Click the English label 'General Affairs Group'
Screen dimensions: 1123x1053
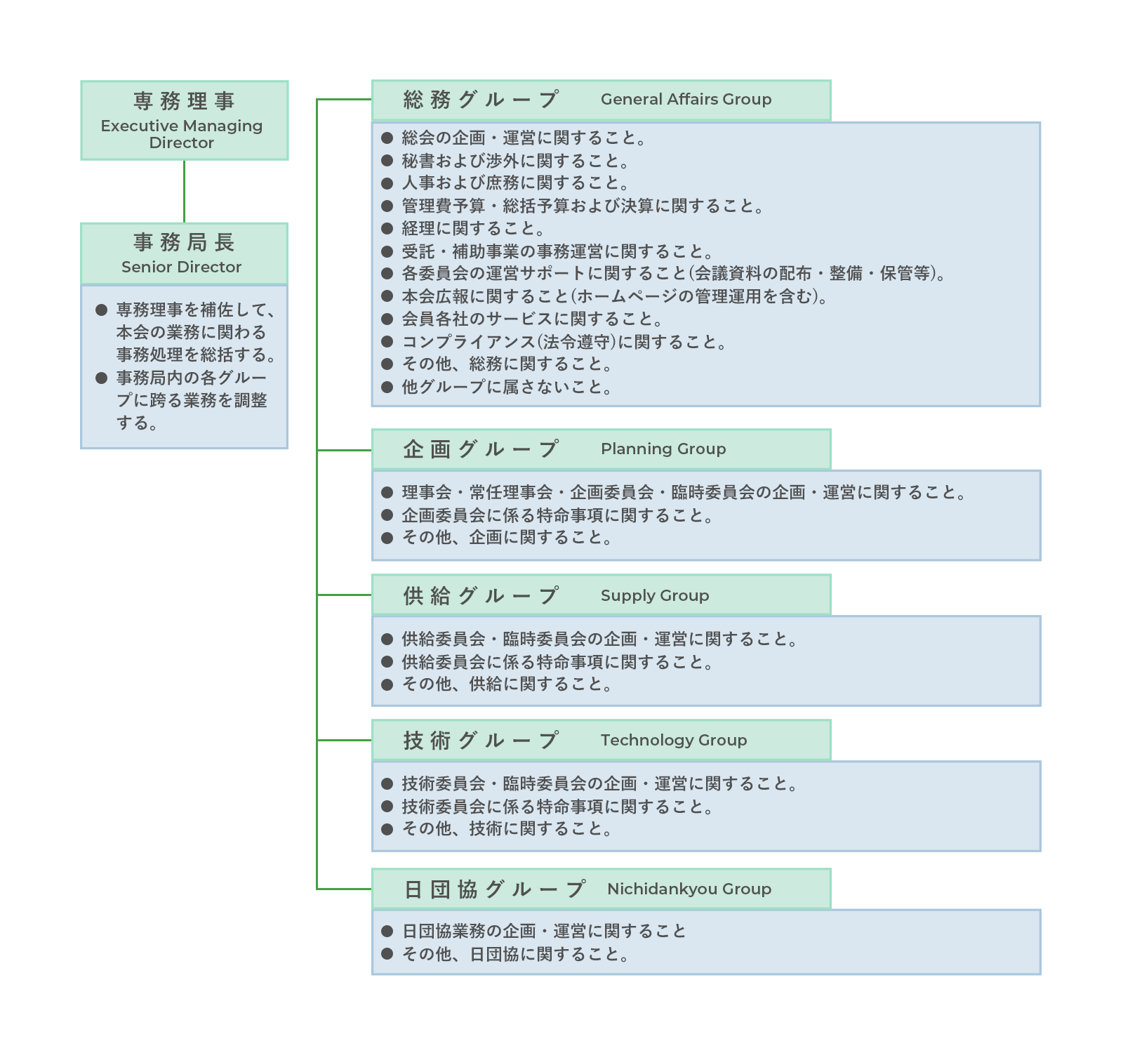(686, 100)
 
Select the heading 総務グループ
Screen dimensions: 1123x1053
(481, 100)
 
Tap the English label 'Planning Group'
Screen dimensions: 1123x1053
(663, 449)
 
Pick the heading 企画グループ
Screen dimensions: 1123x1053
(481, 449)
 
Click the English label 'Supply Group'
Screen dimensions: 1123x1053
(655, 596)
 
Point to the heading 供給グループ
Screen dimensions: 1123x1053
(481, 595)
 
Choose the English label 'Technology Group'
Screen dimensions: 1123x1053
(674, 740)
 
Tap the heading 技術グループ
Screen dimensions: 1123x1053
(481, 740)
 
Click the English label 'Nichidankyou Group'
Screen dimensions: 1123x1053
(689, 889)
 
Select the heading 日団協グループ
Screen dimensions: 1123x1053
(495, 889)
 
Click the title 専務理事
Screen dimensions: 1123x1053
(184, 101)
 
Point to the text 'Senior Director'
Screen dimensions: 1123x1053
(181, 267)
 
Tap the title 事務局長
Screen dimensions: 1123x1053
(184, 242)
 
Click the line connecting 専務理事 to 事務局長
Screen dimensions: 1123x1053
(184, 191)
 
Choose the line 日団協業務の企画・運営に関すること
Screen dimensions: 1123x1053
(544, 931)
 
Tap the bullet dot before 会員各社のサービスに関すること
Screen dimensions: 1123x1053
(387, 319)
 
